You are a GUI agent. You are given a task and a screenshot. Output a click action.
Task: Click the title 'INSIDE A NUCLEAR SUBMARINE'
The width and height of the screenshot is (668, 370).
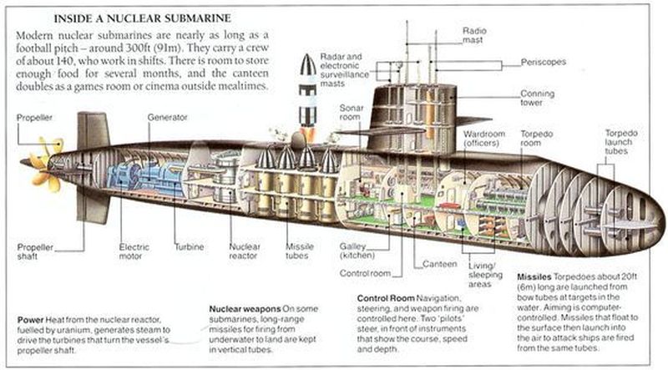coord(142,18)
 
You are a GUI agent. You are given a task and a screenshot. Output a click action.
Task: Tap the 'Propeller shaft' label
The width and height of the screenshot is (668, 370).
coord(35,251)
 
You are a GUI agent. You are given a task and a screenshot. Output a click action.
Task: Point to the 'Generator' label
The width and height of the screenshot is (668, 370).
coord(168,117)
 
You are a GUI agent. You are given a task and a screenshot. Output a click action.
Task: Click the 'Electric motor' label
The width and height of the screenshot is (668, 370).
coord(134,251)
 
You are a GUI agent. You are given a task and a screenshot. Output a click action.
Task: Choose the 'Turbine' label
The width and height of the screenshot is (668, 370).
coord(190,247)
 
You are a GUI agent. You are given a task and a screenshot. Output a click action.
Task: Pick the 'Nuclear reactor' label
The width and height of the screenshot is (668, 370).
coord(244,251)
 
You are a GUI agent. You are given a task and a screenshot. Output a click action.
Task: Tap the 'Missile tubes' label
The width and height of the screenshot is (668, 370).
coord(300,251)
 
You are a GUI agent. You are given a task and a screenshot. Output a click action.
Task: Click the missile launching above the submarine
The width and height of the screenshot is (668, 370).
coord(307,97)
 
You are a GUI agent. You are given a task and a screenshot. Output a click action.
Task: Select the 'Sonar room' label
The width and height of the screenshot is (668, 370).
coord(352,112)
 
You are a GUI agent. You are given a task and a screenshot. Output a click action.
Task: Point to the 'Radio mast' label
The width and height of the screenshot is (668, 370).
coord(474,35)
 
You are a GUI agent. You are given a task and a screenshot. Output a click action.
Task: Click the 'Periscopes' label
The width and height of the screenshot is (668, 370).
coord(544,63)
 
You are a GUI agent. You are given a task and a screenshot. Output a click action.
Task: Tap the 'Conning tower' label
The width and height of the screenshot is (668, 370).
coord(538,98)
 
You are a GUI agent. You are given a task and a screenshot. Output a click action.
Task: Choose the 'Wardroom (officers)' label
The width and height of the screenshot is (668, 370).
coord(484,139)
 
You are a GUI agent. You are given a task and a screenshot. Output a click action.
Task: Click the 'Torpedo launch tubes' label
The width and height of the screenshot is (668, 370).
coord(621,142)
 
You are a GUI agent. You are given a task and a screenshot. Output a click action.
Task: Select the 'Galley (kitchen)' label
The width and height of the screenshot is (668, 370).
coord(357,251)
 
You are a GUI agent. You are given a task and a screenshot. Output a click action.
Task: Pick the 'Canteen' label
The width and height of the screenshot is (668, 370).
coord(440,264)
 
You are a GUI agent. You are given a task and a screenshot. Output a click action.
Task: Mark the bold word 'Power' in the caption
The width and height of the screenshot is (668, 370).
coord(30,320)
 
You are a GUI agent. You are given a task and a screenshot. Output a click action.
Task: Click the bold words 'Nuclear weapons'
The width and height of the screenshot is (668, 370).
coord(245,309)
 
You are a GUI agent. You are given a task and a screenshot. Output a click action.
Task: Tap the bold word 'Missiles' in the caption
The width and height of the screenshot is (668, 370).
coord(534,277)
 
